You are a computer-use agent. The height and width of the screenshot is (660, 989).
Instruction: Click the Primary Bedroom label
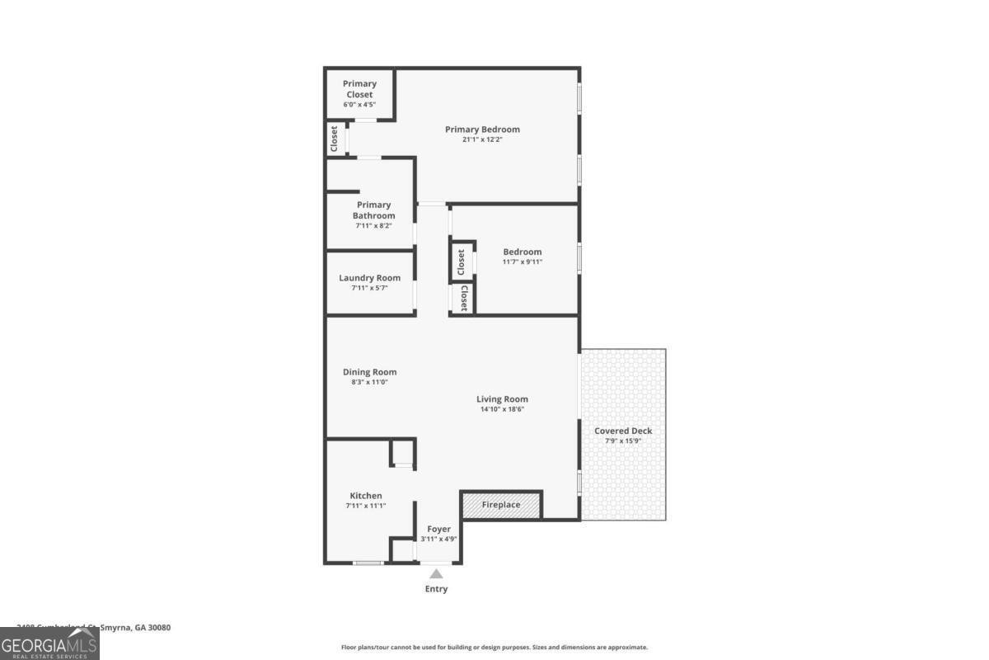[482, 130]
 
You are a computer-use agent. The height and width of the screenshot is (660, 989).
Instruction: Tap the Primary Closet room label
[359, 89]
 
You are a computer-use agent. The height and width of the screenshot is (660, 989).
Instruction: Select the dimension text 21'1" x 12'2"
[482, 140]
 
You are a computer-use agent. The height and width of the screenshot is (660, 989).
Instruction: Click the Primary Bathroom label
[373, 210]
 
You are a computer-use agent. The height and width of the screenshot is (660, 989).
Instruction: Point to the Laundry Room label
[369, 278]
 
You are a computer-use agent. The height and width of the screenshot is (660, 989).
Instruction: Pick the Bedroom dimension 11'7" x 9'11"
[523, 262]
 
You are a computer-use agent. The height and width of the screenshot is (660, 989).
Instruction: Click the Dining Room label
[369, 372]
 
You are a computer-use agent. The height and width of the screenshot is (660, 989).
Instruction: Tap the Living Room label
[502, 399]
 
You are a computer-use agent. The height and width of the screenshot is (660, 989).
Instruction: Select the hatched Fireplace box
[501, 505]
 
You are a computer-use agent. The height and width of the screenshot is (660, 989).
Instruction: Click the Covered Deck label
[623, 431]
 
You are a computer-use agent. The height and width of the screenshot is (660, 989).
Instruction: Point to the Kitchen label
[365, 496]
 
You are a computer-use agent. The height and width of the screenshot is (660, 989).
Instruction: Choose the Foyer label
[438, 529]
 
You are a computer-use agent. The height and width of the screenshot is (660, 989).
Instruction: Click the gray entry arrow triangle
[436, 574]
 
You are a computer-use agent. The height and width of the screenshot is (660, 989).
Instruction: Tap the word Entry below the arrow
[436, 589]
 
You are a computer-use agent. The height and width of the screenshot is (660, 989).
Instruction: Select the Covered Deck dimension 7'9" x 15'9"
[623, 441]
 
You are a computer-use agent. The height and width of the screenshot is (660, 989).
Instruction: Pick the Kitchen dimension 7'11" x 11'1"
[365, 506]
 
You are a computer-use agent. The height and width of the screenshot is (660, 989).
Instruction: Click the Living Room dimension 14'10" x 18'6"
[502, 409]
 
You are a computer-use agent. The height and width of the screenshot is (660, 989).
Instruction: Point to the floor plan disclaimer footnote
[494, 648]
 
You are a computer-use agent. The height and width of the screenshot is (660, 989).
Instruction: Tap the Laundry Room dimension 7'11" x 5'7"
[369, 288]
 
